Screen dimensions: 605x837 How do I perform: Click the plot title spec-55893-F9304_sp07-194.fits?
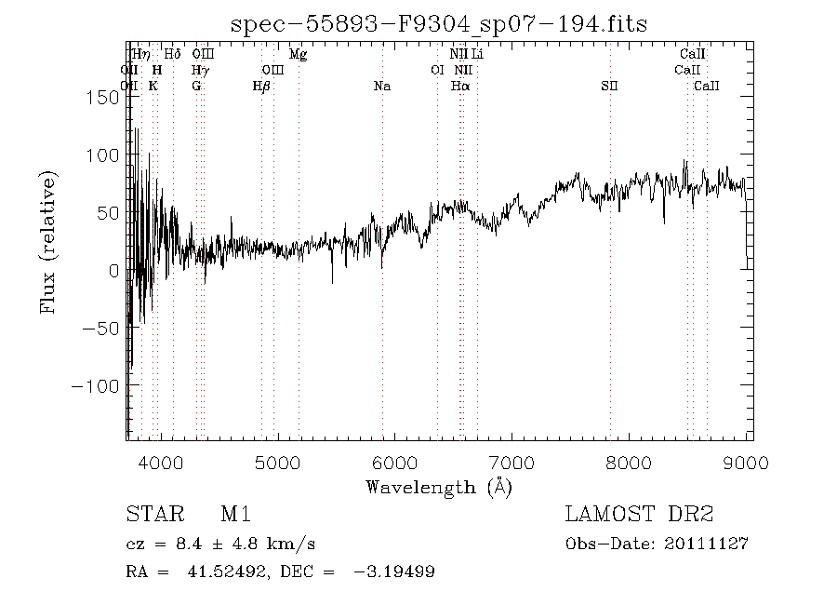pos(439,25)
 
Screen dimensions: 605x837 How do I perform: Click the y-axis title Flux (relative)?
pos(48,241)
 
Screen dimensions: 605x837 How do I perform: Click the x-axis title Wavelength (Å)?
pos(439,486)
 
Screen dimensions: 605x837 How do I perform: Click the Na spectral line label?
pos(381,87)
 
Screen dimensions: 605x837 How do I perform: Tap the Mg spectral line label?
pos(298,55)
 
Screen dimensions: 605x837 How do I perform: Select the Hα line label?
pos(460,87)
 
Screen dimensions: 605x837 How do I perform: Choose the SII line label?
pos(609,87)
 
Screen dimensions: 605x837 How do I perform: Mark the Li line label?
pos(477,55)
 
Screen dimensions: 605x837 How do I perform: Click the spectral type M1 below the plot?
pos(235,514)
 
